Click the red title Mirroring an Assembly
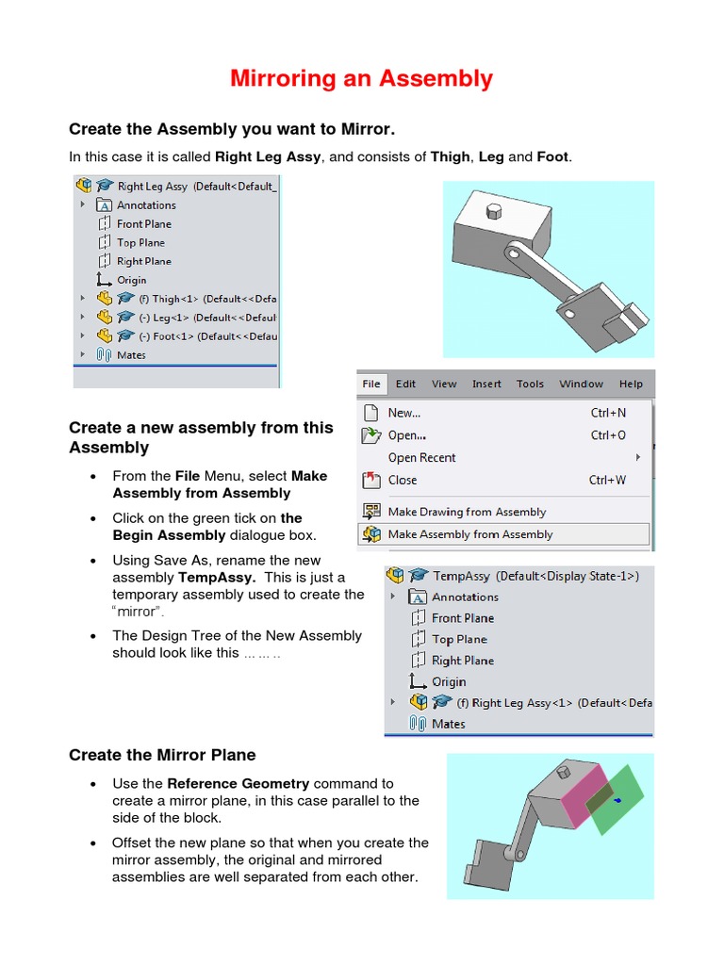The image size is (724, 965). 361,78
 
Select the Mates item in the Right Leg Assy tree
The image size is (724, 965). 131,355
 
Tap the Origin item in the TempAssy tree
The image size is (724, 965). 449,681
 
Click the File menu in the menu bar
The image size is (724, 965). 371,384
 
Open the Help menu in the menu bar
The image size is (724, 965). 631,384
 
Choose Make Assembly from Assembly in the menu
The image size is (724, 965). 469,534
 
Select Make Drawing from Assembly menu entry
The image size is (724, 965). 467,512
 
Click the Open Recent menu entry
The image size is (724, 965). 421,458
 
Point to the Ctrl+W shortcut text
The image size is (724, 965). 607,481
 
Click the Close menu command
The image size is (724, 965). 403,481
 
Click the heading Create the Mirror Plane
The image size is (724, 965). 162,755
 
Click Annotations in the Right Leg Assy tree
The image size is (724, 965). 146,205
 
